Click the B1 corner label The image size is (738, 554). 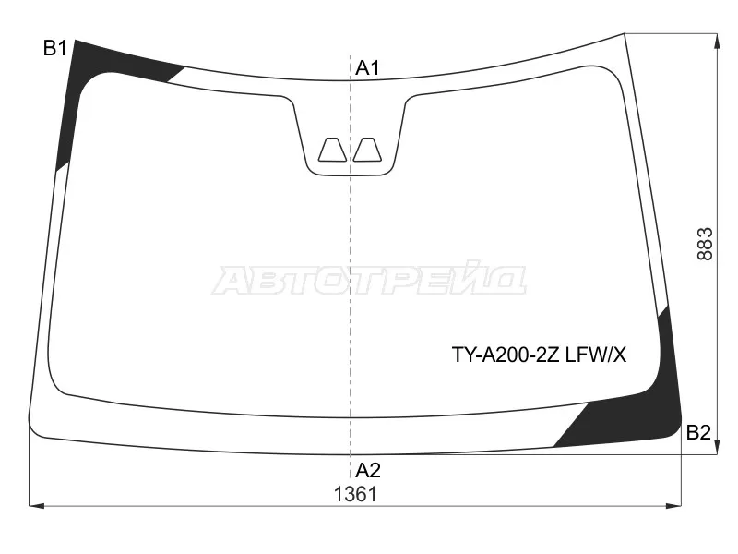tap(54, 49)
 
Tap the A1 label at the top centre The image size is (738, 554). tap(368, 67)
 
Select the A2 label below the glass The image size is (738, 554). tap(368, 469)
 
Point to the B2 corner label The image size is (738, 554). tap(698, 432)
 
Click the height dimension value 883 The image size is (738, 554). tap(706, 244)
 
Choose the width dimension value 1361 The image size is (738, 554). tap(355, 494)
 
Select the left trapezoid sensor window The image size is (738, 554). tap(331, 150)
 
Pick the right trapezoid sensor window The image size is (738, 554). tap(368, 150)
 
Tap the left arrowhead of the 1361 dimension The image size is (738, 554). tap(35, 505)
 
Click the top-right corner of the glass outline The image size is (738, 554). tap(625, 34)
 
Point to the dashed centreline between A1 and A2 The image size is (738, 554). tap(350, 277)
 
